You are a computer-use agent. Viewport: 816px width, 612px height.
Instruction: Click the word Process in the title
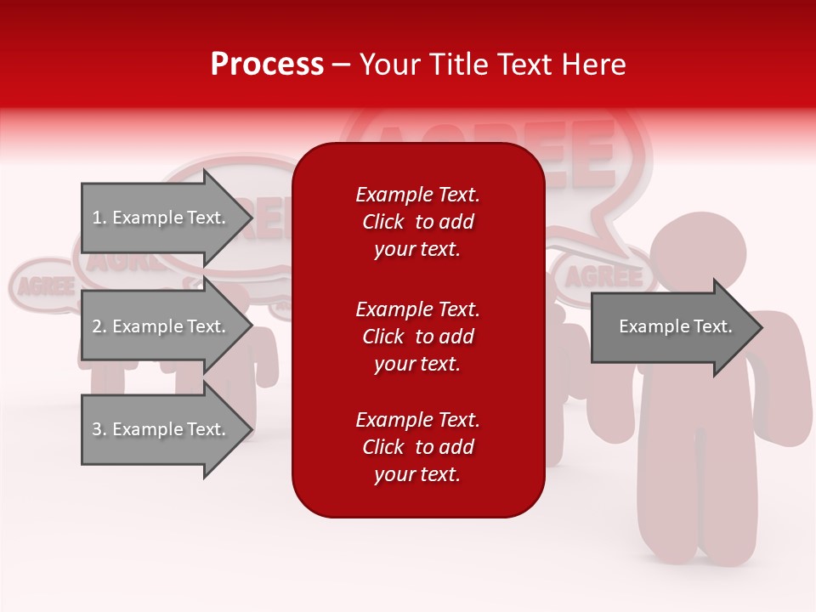(267, 65)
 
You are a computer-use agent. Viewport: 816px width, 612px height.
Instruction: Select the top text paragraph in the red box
(417, 222)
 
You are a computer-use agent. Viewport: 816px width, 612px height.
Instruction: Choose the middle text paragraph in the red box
(417, 337)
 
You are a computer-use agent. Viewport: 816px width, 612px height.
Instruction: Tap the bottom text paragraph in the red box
(417, 447)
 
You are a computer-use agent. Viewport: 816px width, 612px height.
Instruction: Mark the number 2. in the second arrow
(99, 326)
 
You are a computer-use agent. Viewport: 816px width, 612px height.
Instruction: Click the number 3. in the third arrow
(99, 429)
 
